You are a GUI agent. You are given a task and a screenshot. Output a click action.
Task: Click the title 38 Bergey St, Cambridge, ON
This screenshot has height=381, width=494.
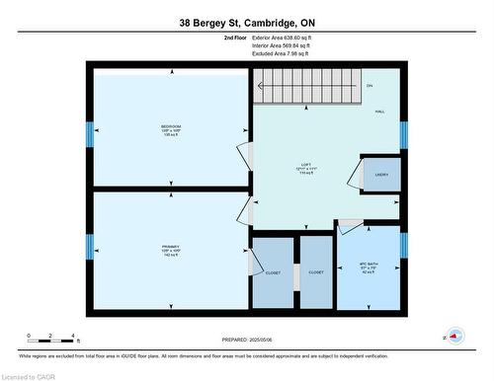click(246, 22)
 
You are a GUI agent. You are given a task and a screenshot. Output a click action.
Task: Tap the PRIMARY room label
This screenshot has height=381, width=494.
click(170, 248)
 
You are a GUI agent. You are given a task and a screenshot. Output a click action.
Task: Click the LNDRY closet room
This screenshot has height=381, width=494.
click(380, 175)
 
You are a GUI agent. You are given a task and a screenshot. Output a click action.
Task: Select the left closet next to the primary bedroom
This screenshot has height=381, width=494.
click(273, 272)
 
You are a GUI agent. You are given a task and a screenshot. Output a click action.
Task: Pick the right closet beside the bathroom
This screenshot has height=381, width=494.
click(316, 272)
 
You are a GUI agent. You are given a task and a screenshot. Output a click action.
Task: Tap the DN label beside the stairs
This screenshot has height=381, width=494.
click(369, 87)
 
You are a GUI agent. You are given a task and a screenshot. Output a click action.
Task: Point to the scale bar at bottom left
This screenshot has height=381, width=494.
click(50, 338)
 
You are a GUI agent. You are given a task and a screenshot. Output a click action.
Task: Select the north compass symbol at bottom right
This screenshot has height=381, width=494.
click(454, 336)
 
